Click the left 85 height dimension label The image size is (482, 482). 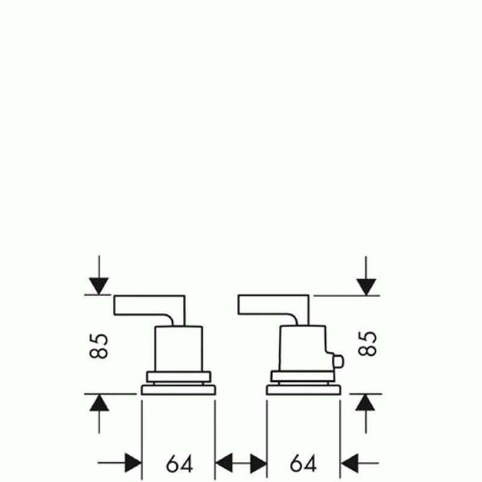click(99, 346)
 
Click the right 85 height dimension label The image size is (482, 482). click(368, 343)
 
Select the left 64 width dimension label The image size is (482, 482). click(180, 463)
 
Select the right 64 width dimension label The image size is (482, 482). click(303, 463)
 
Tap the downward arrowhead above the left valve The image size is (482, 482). click(99, 286)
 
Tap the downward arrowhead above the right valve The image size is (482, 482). click(366, 287)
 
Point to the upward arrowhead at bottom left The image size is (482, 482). click(99, 402)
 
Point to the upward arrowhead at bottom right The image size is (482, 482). click(365, 402)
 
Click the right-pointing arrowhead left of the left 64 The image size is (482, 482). click(133, 462)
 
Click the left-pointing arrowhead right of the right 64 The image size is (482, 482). click(350, 463)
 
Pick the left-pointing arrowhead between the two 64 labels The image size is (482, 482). click(224, 463)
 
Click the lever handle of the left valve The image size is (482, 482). click(149, 305)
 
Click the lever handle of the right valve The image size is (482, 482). click(274, 305)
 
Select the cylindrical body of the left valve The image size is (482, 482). click(179, 349)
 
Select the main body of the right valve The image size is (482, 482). click(303, 348)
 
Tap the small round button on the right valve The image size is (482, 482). click(339, 361)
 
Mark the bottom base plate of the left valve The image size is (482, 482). click(178, 390)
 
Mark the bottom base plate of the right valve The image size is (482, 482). click(304, 390)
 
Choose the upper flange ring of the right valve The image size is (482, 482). click(302, 376)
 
